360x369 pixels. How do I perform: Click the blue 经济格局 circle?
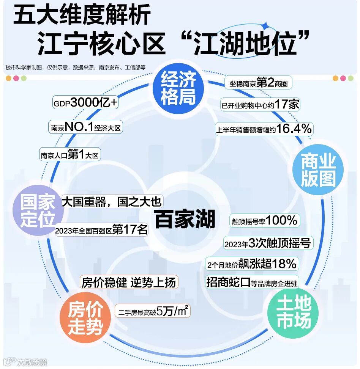tap(178, 88)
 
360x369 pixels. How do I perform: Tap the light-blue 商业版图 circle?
tap(318, 171)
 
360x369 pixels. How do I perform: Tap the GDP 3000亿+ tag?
tap(85, 103)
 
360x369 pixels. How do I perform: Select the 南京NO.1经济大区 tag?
tap(86, 127)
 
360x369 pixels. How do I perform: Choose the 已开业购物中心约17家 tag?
tap(260, 104)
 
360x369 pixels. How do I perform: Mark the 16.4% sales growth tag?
tap(264, 129)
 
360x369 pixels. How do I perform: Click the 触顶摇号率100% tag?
tap(264, 220)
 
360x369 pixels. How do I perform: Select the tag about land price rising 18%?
tap(252, 264)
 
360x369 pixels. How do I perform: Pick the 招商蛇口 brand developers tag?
tap(252, 283)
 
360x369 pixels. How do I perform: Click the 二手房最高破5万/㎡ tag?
tap(153, 312)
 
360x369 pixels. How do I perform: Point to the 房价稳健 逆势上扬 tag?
tap(129, 283)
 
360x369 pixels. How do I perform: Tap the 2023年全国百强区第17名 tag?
tap(101, 230)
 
